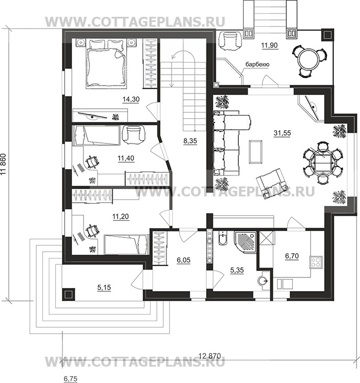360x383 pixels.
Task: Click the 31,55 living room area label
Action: [x=282, y=133]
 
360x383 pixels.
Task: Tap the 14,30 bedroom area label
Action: [x=131, y=99]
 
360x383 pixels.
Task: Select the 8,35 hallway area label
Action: [x=190, y=141]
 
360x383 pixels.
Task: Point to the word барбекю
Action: [x=257, y=65]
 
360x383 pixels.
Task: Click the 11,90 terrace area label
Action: [x=270, y=45]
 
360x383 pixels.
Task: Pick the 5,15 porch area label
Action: [x=104, y=287]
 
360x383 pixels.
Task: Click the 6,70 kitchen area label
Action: [x=292, y=256]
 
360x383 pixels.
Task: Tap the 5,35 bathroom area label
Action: [x=237, y=271]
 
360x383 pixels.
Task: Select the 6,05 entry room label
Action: [x=184, y=260]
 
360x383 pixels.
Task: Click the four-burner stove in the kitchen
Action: [x=316, y=262]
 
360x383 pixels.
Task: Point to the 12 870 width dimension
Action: [x=210, y=356]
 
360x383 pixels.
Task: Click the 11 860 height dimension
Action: [x=3, y=164]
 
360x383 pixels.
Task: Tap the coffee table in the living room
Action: [x=256, y=151]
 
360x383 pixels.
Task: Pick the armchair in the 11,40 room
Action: [x=133, y=134]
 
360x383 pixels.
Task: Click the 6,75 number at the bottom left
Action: [x=70, y=379]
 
